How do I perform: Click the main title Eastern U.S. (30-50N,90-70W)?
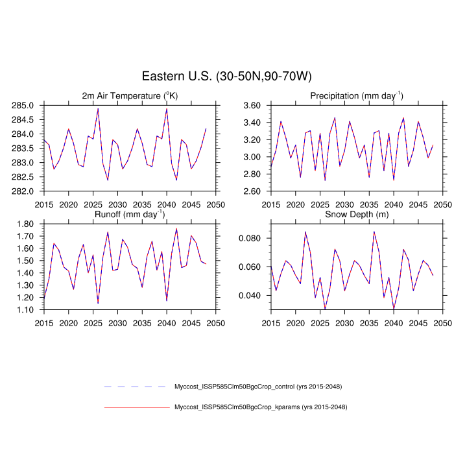pyautogui.click(x=227, y=76)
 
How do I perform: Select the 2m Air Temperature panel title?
pyautogui.click(x=129, y=96)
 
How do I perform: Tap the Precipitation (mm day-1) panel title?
pyautogui.click(x=356, y=96)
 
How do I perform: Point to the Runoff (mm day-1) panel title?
pyautogui.click(x=129, y=214)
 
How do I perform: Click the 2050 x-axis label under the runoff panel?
pyautogui.click(x=216, y=322)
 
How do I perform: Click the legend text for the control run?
pyautogui.click(x=258, y=387)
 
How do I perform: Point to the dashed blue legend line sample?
pyautogui.click(x=136, y=387)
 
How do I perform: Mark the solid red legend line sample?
pyautogui.click(x=136, y=407)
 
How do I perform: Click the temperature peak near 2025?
pyautogui.click(x=98, y=108)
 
